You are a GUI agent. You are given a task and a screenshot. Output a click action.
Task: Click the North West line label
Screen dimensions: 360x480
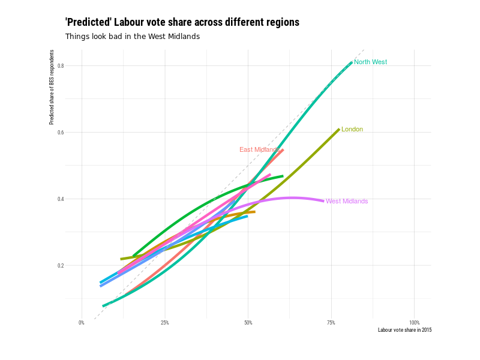(x=370, y=62)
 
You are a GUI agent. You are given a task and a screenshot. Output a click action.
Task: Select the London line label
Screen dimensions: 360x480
(x=352, y=130)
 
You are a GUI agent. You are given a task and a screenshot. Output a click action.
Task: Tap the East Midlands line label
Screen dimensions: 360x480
(x=259, y=150)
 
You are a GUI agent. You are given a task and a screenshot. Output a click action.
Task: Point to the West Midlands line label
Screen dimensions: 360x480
(x=347, y=202)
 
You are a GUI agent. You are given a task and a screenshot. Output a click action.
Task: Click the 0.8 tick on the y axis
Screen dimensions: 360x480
(x=61, y=65)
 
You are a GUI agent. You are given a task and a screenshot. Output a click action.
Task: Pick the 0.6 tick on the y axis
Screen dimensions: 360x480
(x=61, y=132)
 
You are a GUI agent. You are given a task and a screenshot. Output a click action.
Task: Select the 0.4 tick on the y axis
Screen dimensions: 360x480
(x=61, y=199)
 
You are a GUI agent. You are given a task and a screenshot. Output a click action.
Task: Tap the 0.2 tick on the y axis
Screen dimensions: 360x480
(x=61, y=265)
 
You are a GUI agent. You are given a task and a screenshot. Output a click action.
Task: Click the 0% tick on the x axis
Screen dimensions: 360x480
(x=82, y=323)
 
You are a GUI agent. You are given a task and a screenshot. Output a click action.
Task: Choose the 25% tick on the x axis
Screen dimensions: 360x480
(x=165, y=323)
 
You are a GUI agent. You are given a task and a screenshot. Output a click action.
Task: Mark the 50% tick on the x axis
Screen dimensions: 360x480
(x=248, y=323)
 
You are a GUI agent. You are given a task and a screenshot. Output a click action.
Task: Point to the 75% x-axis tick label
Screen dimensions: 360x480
(x=331, y=323)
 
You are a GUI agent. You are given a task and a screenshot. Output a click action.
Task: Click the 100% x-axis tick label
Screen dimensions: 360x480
(x=414, y=323)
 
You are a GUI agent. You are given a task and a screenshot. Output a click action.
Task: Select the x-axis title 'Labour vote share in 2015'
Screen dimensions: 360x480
(x=404, y=330)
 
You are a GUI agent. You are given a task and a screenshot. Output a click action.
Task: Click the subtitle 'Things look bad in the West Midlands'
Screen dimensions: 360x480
(x=132, y=37)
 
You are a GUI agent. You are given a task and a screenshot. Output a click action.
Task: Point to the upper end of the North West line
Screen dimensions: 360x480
(x=352, y=62)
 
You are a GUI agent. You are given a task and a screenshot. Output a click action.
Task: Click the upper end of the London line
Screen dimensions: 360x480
(x=339, y=129)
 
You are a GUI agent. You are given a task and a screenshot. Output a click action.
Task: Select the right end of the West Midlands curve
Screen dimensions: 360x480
(x=323, y=201)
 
